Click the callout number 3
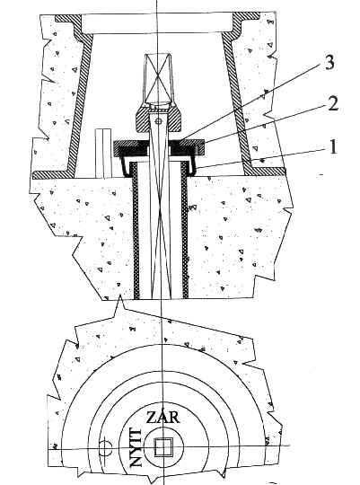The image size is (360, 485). click(x=329, y=63)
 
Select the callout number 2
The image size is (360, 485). click(x=332, y=104)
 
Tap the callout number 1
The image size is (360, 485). click(x=333, y=146)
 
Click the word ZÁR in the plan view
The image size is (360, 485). click(x=162, y=418)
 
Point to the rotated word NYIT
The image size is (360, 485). click(x=136, y=446)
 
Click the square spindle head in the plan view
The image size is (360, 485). click(x=162, y=447)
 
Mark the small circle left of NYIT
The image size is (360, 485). click(x=105, y=447)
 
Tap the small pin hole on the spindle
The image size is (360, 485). click(x=158, y=121)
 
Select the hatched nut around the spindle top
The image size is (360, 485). click(x=158, y=119)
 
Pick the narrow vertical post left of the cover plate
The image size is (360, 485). click(x=103, y=154)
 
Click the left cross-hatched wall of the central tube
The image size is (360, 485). click(x=136, y=231)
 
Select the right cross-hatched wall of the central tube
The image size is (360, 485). click(x=184, y=231)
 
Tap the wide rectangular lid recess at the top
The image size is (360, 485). click(x=157, y=23)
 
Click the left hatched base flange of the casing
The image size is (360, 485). click(x=53, y=175)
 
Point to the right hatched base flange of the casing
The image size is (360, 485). click(x=265, y=172)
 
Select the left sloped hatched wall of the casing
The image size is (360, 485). click(x=80, y=102)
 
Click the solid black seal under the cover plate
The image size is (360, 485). click(x=158, y=151)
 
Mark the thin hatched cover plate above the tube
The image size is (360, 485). click(x=159, y=143)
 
